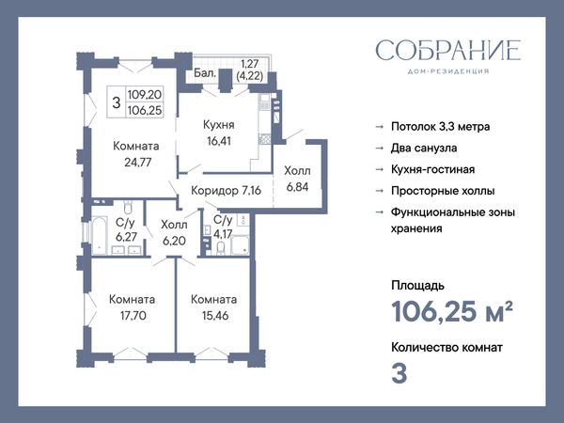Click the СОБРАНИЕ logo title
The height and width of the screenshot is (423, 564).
(x=448, y=50)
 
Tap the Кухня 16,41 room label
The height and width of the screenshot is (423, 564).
(x=219, y=133)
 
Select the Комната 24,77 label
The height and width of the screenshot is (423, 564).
(x=136, y=154)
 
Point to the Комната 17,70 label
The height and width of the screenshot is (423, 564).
(x=133, y=307)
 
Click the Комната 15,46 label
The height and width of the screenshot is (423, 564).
(x=214, y=307)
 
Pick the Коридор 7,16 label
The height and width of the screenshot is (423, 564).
(x=226, y=190)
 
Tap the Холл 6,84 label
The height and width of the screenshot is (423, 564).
(x=297, y=179)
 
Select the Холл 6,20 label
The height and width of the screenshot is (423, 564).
(x=174, y=232)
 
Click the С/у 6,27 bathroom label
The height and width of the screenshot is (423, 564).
(x=126, y=229)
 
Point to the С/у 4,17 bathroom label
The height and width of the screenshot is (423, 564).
(x=223, y=227)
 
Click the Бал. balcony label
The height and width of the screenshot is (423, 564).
(x=205, y=73)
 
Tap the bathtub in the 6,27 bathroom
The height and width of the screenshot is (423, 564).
(x=100, y=235)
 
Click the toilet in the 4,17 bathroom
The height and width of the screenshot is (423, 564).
(x=221, y=248)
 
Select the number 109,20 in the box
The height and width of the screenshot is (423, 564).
(x=145, y=95)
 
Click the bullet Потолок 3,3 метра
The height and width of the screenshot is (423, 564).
(x=441, y=127)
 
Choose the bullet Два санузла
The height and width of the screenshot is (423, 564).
(x=424, y=148)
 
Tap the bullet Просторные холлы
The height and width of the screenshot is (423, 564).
(x=443, y=191)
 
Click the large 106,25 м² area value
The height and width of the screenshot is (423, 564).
(x=451, y=311)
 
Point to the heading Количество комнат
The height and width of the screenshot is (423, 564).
(x=446, y=348)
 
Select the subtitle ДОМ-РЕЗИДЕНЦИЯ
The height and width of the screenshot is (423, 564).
(x=448, y=71)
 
